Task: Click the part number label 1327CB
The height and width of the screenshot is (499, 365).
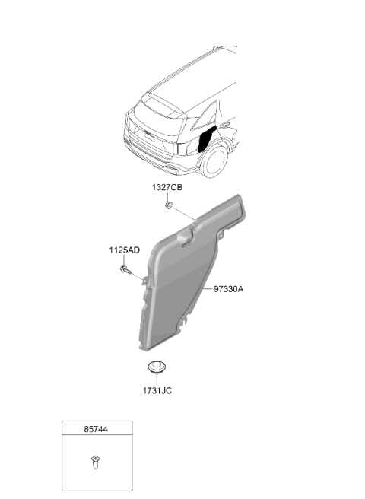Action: click(167, 187)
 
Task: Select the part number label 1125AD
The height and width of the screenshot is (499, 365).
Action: click(125, 250)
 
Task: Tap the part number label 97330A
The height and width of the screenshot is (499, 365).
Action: click(228, 289)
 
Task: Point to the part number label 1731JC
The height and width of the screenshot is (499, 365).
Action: click(157, 390)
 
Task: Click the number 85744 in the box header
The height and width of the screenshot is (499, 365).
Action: click(96, 429)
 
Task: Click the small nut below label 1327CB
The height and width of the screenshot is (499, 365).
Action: click(168, 205)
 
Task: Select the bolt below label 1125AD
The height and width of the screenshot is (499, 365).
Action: click(125, 270)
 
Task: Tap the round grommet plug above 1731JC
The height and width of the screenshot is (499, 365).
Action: click(157, 367)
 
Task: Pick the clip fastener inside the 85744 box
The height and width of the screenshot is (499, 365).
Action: click(95, 462)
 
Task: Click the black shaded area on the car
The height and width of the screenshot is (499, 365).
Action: click(206, 138)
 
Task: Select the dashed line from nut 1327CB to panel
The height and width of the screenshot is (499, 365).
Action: click(183, 214)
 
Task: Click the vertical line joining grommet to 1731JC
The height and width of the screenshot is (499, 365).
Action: click(157, 379)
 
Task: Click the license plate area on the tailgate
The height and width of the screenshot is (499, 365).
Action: click(149, 136)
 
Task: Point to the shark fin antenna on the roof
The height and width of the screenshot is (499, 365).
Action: click(217, 47)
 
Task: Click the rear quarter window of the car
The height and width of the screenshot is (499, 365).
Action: click(206, 117)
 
